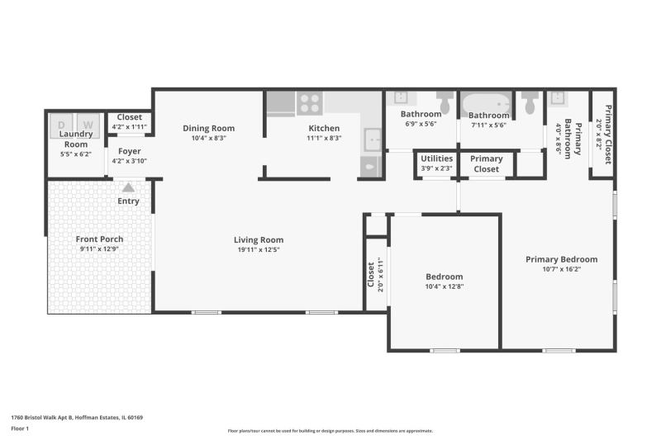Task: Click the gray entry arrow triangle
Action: pos(128,187)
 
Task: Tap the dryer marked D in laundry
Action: pos(61,125)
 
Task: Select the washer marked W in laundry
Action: pos(88,125)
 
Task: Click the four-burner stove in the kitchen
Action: pos(310,103)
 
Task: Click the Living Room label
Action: pos(259,239)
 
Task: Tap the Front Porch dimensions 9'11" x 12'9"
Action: pos(99,248)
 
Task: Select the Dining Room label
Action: pos(209,128)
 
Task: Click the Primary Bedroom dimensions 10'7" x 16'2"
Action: pos(562,269)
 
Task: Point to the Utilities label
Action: pos(437,158)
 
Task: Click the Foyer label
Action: pos(130,151)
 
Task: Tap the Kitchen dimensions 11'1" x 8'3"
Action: pos(324,138)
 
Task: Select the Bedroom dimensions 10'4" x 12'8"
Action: pos(445,286)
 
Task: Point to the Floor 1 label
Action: pos(20,428)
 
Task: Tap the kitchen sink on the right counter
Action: pos(373,140)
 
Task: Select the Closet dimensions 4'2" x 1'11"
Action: pos(130,127)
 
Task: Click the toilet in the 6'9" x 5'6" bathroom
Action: pos(444,101)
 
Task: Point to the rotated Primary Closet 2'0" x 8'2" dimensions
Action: pos(600,135)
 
